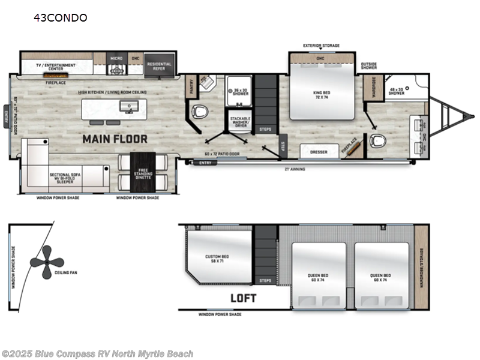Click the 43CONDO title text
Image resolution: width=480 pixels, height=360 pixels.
61,17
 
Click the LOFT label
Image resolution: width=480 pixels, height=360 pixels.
242,298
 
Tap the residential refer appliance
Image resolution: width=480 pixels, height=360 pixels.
159,65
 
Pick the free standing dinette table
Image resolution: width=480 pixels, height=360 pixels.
142,170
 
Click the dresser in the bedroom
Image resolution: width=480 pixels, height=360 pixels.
319,152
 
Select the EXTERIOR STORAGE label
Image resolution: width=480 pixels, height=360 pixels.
321,46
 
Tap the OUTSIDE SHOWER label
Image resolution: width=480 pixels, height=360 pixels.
369,65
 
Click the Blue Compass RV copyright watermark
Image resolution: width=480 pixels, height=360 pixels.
97,354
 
